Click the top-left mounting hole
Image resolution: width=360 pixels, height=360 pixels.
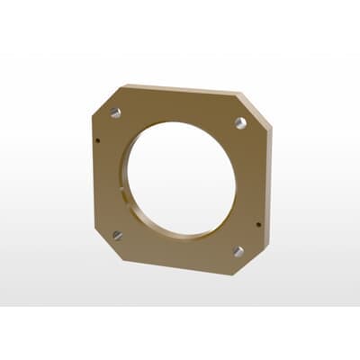click(115, 113)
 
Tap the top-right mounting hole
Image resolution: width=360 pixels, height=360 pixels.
click(240, 122)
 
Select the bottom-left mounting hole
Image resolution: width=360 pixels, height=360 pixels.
click(117, 236)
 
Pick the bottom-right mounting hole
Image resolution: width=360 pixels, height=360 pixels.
click(238, 251)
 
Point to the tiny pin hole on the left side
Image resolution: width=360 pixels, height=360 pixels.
click(97, 139)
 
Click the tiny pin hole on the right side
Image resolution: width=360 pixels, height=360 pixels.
click(258, 224)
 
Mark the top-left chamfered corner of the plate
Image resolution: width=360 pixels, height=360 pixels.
click(106, 96)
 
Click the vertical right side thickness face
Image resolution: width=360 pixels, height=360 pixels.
click(268, 180)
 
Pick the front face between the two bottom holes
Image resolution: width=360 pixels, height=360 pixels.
click(178, 253)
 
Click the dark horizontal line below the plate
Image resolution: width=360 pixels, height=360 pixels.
click(180, 306)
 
